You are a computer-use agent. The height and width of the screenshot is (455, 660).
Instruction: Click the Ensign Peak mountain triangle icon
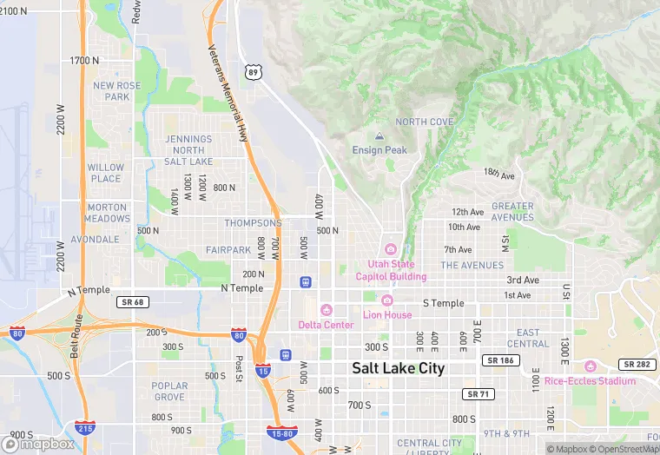[x=379, y=136]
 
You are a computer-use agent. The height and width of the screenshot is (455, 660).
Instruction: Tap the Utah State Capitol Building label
[x=391, y=270]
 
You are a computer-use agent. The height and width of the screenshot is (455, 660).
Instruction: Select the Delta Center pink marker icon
[x=326, y=310]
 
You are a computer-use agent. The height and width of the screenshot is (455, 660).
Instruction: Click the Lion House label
[x=387, y=314]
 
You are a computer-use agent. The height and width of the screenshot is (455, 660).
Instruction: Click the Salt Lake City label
[x=398, y=368]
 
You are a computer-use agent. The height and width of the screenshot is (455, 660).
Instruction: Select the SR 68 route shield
[x=129, y=301]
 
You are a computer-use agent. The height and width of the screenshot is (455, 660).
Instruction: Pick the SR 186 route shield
[x=498, y=359]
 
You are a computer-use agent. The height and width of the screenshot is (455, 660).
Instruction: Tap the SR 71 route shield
[x=478, y=394]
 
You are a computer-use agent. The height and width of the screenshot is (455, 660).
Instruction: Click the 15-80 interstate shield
[x=282, y=431]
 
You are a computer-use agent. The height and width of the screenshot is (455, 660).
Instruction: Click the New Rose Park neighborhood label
[x=117, y=91]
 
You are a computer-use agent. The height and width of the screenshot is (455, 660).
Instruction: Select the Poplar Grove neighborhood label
[x=169, y=392]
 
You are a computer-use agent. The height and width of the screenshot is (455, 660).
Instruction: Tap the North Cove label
[x=425, y=122]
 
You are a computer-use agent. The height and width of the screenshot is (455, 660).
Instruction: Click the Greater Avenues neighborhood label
[x=512, y=212]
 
